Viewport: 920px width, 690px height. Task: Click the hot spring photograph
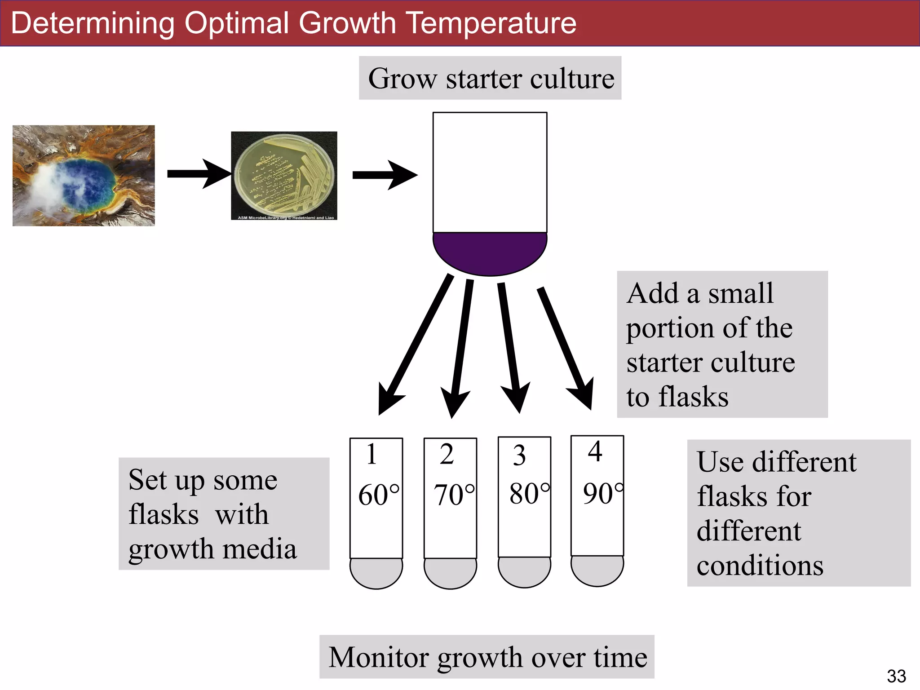(84, 175)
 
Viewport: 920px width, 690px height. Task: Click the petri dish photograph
(284, 176)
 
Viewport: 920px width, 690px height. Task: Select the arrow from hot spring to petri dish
(198, 173)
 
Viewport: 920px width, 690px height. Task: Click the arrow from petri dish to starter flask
(384, 175)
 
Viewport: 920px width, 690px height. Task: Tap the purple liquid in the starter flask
(490, 252)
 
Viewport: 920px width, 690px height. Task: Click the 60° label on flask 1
(378, 495)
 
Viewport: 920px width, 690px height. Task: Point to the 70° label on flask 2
(454, 495)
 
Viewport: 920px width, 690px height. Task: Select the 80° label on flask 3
(529, 494)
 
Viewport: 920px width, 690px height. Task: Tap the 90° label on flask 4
(603, 493)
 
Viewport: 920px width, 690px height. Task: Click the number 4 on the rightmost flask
(595, 452)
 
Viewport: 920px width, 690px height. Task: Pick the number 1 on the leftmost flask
(371, 454)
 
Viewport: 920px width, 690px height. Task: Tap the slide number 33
(896, 676)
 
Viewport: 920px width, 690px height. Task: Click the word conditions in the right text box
(760, 565)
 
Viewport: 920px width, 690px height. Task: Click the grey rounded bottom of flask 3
(524, 571)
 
